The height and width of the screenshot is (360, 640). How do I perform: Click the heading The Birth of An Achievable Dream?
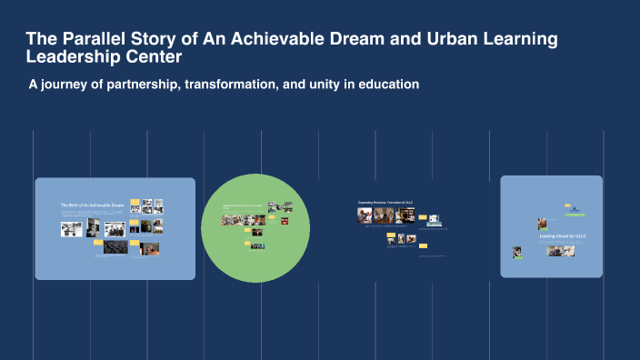point(92,206)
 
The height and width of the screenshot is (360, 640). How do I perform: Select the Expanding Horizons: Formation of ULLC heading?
point(386,202)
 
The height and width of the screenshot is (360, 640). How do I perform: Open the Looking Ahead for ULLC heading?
point(564,236)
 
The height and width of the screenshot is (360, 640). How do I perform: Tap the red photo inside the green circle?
point(285,220)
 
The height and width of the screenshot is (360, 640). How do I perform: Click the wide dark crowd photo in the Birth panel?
point(115,246)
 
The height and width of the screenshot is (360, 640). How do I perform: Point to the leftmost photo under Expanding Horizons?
point(365,215)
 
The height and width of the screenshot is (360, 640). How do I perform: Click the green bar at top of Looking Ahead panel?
point(574,215)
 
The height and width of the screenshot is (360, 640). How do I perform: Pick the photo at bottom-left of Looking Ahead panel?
point(517,252)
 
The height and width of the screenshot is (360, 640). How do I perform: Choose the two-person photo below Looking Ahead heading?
point(555,250)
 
